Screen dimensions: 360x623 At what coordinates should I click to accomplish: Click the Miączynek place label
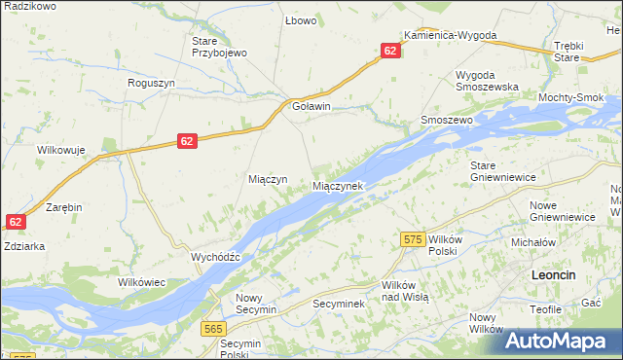coord(338,185)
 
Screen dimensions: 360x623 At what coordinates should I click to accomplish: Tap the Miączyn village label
coord(267,180)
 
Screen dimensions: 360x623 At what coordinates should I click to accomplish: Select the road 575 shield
coord(412,238)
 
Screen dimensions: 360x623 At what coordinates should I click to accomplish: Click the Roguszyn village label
coord(151,84)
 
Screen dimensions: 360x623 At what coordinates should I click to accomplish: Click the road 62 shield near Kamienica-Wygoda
coord(390,51)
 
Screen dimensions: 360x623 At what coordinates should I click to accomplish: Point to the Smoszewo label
coord(446,120)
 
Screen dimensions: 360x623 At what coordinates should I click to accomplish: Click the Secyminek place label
coord(338,304)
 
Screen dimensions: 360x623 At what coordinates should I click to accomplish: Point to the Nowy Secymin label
coord(256,304)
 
